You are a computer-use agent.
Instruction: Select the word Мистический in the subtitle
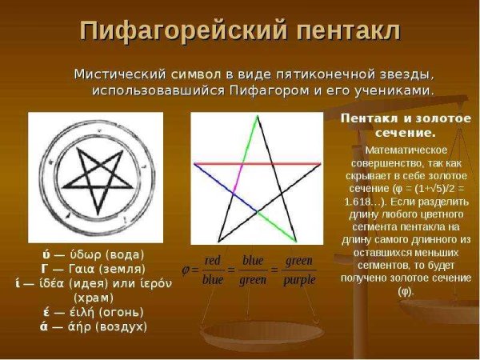click(119, 74)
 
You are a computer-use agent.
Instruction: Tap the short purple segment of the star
click(236, 173)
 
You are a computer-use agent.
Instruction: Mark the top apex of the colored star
click(258, 118)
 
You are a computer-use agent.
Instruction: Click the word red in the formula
click(212, 260)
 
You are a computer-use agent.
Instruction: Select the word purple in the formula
click(300, 280)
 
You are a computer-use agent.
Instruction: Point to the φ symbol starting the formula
click(186, 270)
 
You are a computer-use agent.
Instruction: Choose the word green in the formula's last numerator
click(299, 260)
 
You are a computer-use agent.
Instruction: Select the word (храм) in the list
click(95, 297)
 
